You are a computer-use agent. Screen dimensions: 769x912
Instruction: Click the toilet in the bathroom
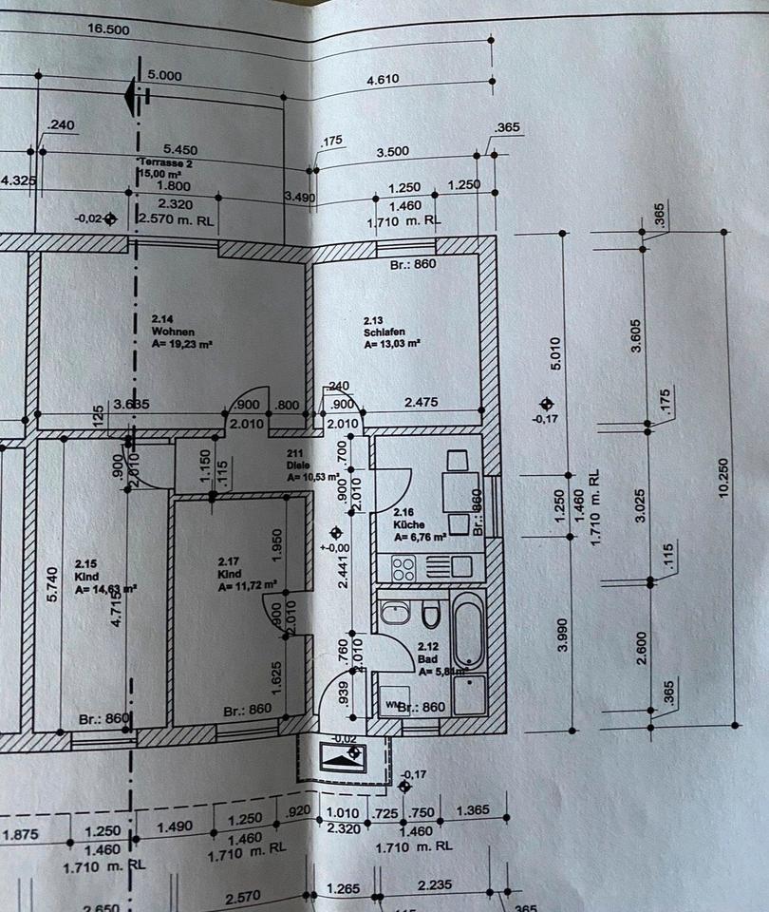coord(431,615)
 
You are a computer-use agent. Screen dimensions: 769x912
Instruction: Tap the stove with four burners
coord(403,567)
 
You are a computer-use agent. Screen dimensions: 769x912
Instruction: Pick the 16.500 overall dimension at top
coord(107,29)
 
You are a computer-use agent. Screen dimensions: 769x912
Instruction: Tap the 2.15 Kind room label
coord(91,577)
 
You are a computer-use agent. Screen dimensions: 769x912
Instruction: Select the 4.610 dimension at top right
coord(384,83)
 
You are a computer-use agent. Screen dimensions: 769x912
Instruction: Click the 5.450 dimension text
coord(180,149)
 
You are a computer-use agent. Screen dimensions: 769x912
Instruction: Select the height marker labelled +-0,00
coord(334,547)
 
